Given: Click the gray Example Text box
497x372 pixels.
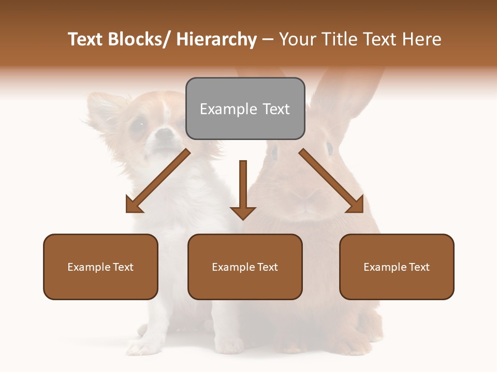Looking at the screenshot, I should tap(245, 109).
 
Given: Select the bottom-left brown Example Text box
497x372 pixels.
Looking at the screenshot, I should tap(100, 267).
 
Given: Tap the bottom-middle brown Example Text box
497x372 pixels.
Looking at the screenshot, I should tap(245, 267).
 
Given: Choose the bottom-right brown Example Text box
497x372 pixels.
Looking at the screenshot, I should tap(397, 267).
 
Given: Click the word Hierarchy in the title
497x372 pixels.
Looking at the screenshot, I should tap(216, 39).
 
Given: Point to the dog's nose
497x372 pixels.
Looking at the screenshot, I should tap(165, 134).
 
